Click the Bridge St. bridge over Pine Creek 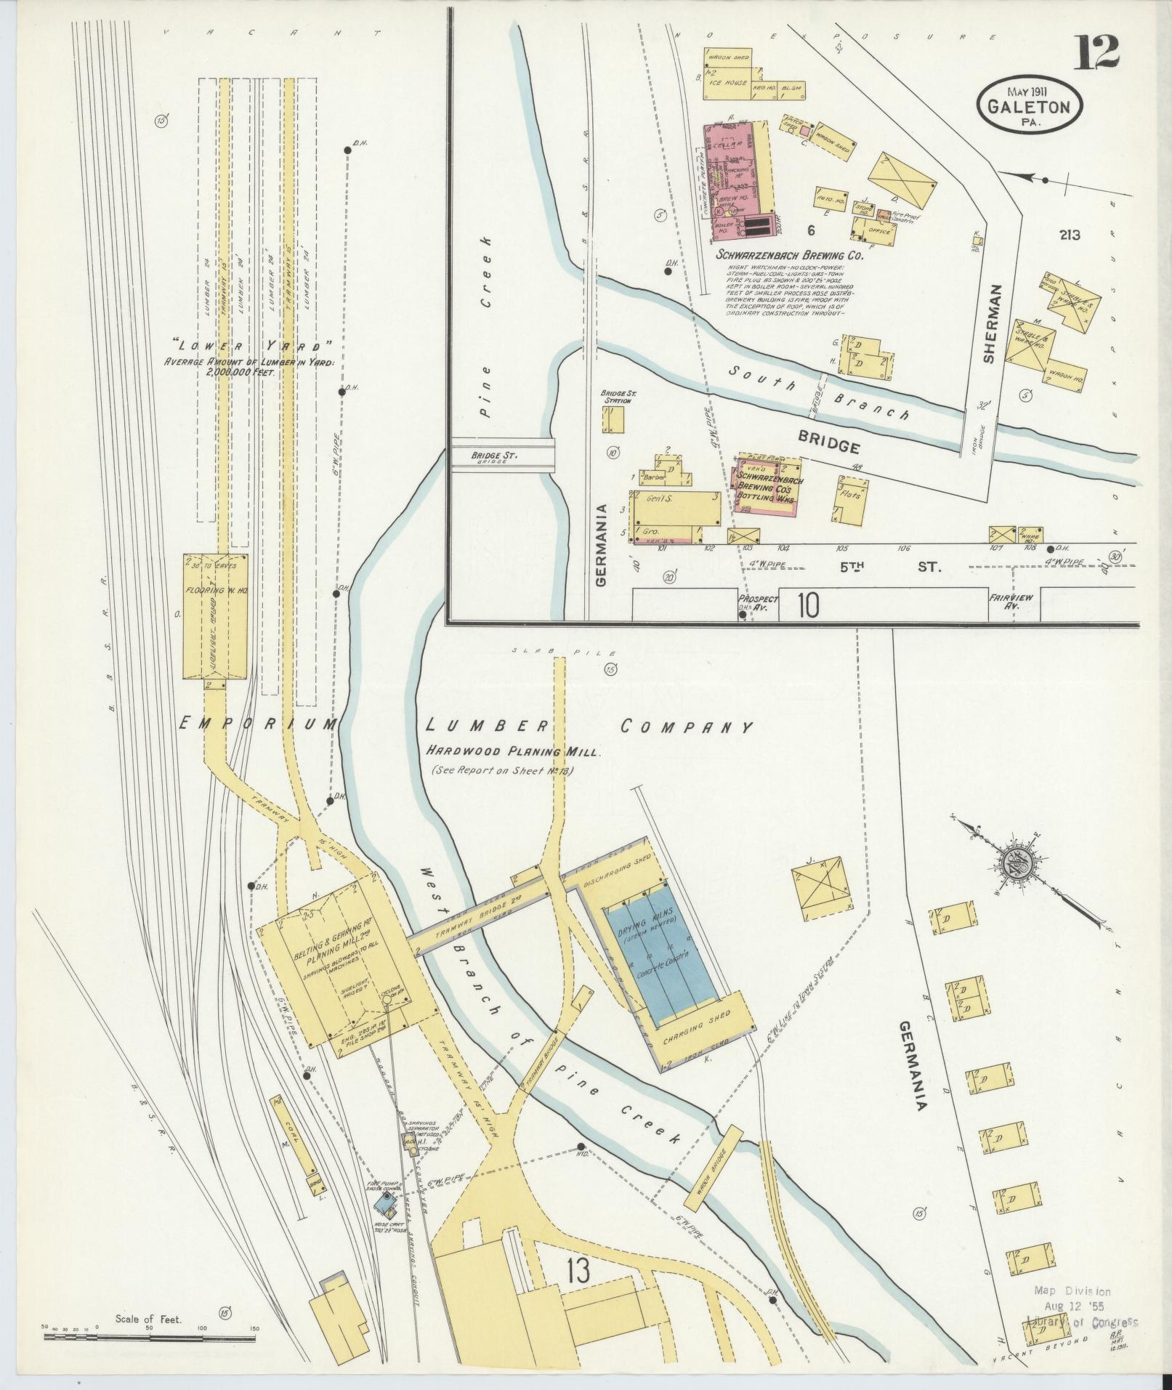[503, 456]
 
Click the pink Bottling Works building [767, 485]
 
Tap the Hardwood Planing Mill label [513, 752]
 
